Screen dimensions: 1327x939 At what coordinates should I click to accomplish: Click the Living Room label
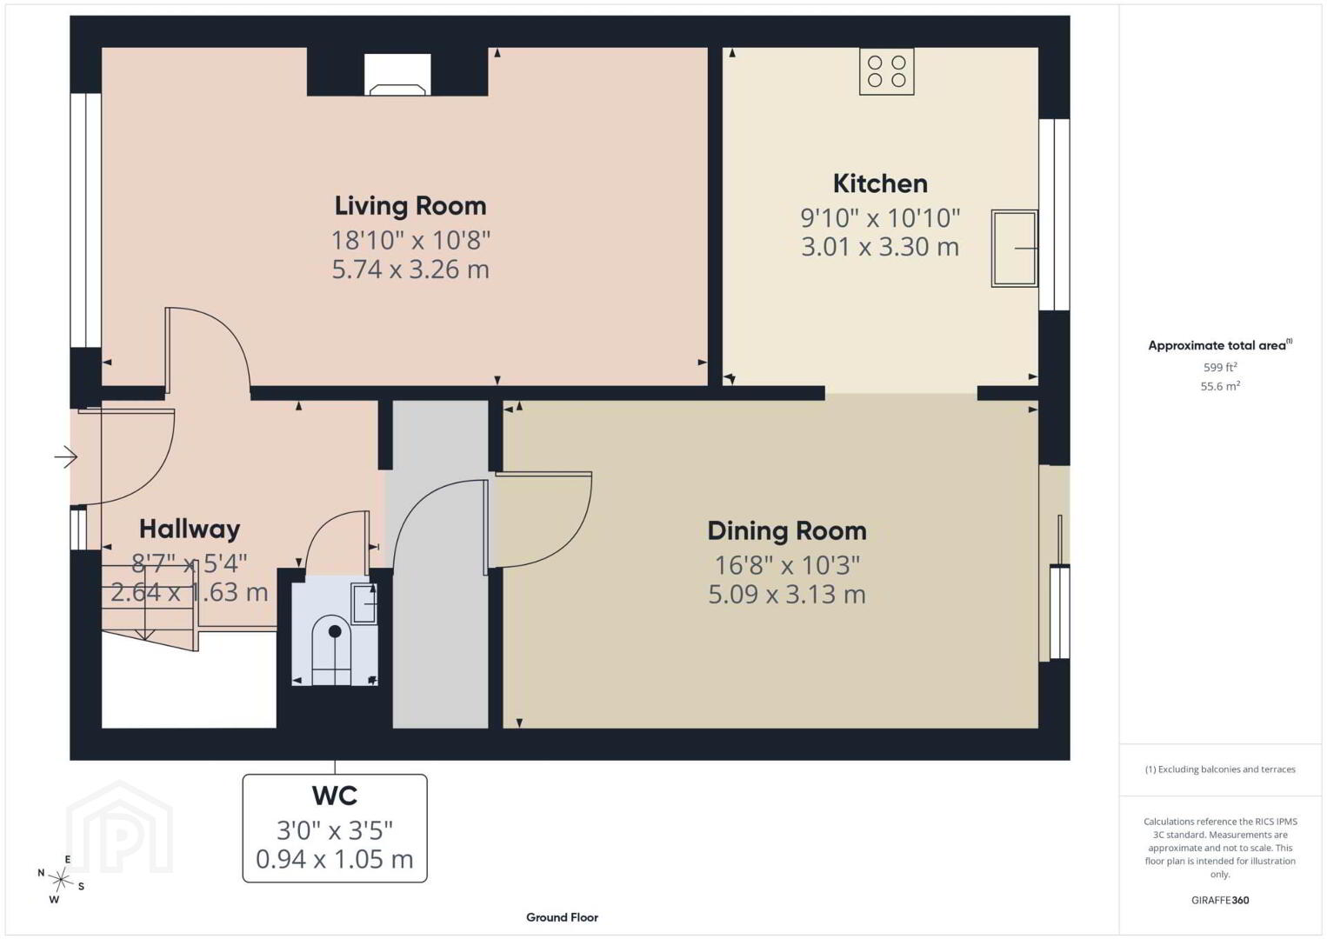click(x=410, y=206)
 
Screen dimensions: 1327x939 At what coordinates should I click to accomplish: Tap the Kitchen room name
click(x=880, y=183)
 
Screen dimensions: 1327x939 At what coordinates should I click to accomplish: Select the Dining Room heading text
click(x=787, y=531)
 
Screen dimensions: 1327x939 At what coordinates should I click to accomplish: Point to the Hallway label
click(x=190, y=529)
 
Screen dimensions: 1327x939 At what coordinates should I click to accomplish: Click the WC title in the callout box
click(x=335, y=796)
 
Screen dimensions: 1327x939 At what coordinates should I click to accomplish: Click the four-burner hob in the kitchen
click(x=887, y=71)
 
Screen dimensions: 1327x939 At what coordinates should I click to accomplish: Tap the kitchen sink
click(x=1014, y=249)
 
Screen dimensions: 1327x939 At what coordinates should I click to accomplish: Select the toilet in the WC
click(x=335, y=650)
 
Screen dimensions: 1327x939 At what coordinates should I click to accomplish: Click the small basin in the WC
click(x=364, y=603)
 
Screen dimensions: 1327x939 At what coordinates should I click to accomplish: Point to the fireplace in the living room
click(x=397, y=75)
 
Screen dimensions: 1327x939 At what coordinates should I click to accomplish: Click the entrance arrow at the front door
click(x=66, y=456)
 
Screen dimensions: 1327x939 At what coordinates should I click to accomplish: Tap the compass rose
click(x=61, y=880)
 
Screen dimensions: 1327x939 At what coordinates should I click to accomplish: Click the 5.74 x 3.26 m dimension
click(x=410, y=270)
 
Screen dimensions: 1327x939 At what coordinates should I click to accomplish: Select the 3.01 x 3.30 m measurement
click(x=880, y=247)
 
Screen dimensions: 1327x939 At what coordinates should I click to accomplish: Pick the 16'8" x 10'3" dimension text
click(x=787, y=565)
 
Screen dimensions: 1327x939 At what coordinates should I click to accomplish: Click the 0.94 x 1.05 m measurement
click(x=335, y=859)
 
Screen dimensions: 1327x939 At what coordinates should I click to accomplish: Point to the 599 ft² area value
click(x=1220, y=367)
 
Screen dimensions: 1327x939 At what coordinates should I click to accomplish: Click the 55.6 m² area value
click(x=1220, y=386)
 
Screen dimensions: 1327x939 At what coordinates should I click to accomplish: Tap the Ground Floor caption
click(x=563, y=917)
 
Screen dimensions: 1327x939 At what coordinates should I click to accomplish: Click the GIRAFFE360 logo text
click(x=1220, y=901)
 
